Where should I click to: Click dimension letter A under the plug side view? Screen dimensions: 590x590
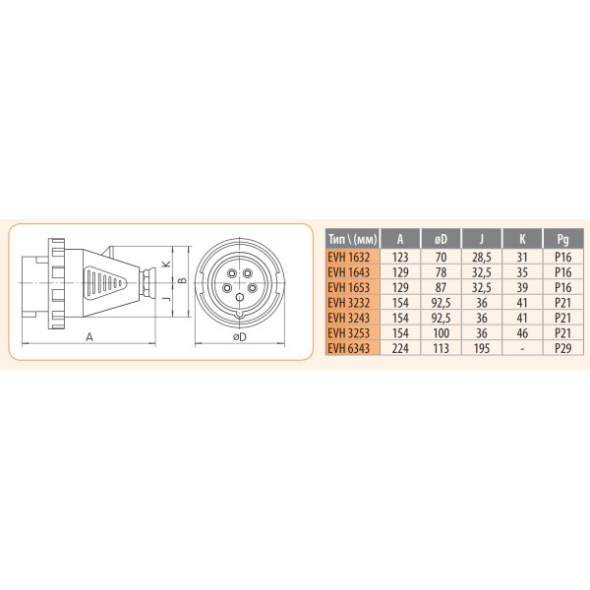89,336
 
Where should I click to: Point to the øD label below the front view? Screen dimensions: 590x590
239,337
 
